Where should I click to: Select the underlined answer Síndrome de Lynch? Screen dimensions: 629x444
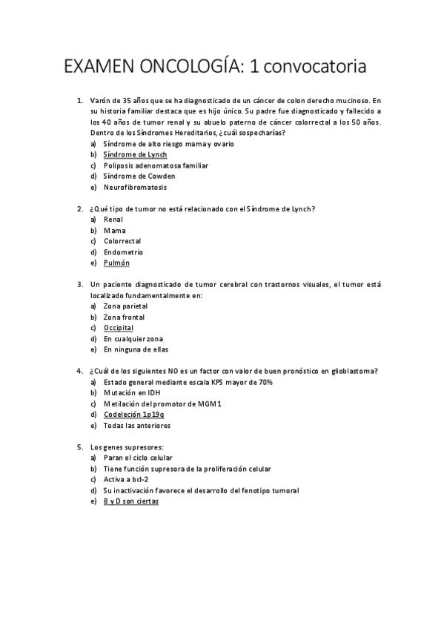[135, 154]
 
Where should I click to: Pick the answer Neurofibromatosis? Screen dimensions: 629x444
[135, 188]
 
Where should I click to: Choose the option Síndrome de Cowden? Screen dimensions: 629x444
[139, 177]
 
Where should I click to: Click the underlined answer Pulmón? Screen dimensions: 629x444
[116, 263]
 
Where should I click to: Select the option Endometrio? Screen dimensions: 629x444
[123, 251]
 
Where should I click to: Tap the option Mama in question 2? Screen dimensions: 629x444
[114, 230]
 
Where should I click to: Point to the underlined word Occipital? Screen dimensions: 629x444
[119, 327]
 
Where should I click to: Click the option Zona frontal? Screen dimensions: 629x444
[125, 317]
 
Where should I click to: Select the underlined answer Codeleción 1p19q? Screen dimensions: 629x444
[134, 415]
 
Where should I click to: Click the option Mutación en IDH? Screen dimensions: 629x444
[132, 393]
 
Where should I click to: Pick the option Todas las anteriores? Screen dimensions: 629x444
[137, 426]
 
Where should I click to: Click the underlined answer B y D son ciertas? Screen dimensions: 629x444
[131, 501]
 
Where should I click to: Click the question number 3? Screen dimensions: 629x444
[79, 284]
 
